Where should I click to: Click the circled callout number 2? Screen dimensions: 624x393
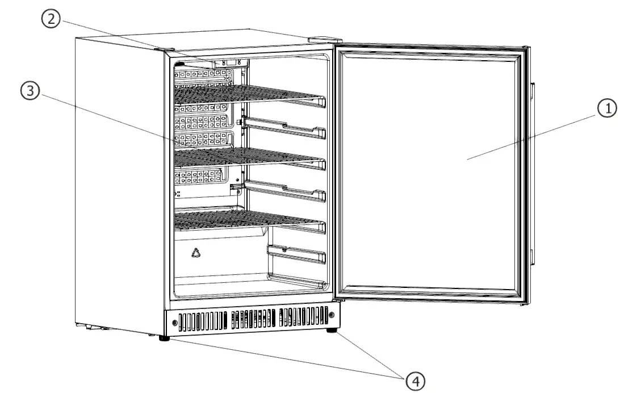tap(52, 19)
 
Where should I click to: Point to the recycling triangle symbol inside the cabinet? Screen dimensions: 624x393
tap(196, 253)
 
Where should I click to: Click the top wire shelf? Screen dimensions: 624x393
tap(244, 94)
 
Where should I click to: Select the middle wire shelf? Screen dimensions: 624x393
tap(244, 156)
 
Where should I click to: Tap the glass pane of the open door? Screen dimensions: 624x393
tap(432, 170)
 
